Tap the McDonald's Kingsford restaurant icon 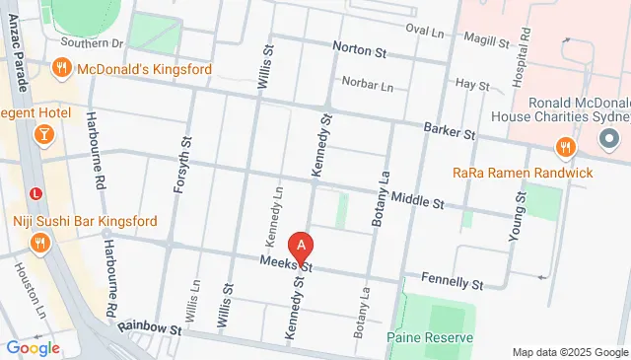(61, 67)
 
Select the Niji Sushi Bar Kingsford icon (40, 243)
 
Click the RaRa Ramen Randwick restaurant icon (565, 149)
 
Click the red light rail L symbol (36, 192)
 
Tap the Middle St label (418, 200)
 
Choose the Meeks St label (286, 263)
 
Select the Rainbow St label (150, 326)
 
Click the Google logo (33, 347)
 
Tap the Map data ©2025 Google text (569, 352)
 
